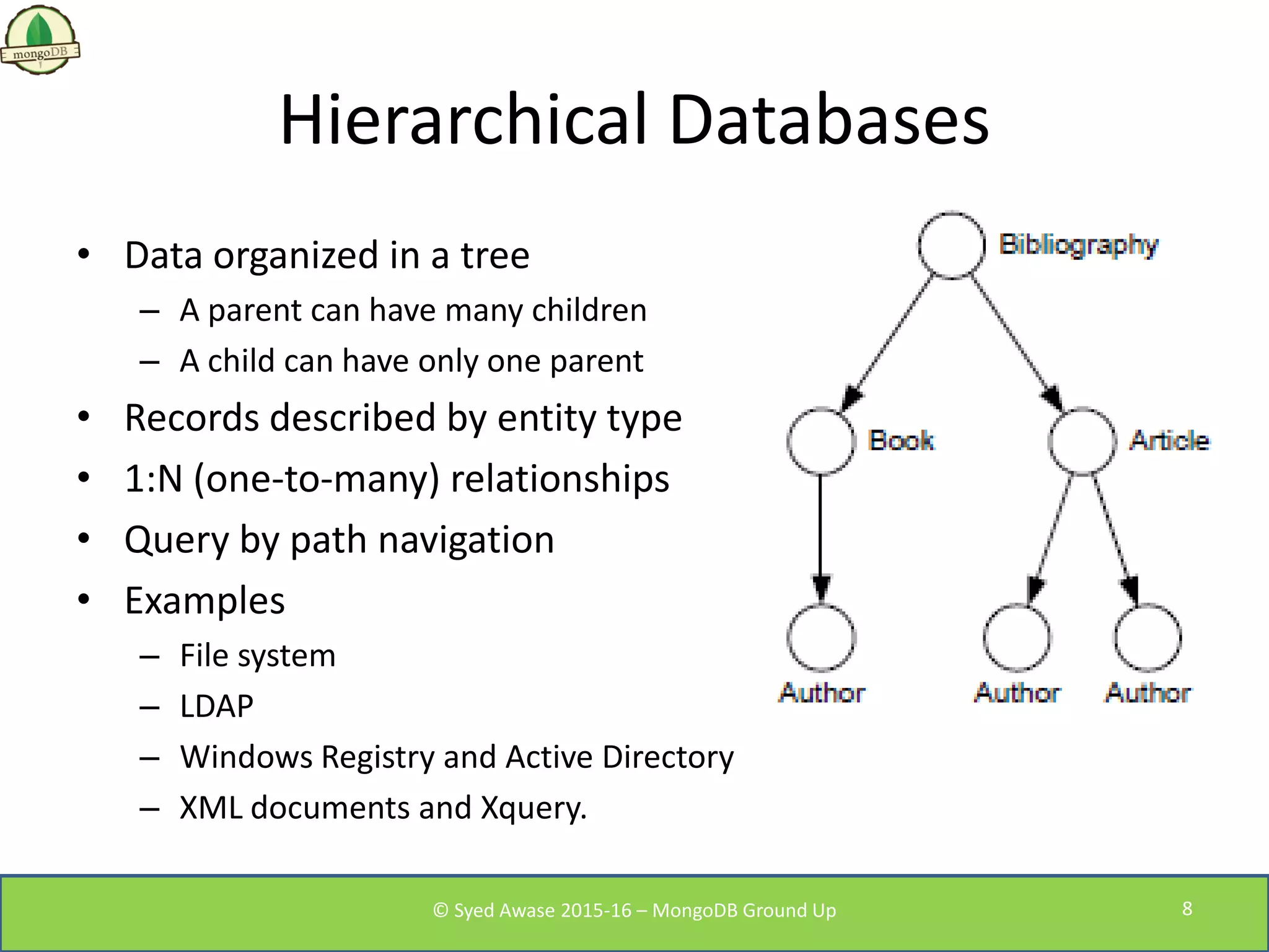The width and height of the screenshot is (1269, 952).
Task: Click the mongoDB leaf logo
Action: point(40,39)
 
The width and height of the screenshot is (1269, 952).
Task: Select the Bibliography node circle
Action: point(951,245)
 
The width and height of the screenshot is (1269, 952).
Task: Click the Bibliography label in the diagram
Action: point(1078,245)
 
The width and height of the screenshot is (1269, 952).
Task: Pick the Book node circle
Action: point(821,441)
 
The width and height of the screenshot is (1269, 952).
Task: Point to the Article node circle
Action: point(1082,441)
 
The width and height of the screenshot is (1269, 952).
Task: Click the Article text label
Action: point(1169,441)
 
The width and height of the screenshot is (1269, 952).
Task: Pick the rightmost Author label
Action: point(1148,693)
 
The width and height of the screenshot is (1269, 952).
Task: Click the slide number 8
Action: point(1187,909)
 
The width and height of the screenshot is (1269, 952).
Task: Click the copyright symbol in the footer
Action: point(441,910)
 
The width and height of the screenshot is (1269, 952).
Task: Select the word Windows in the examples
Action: point(246,757)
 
